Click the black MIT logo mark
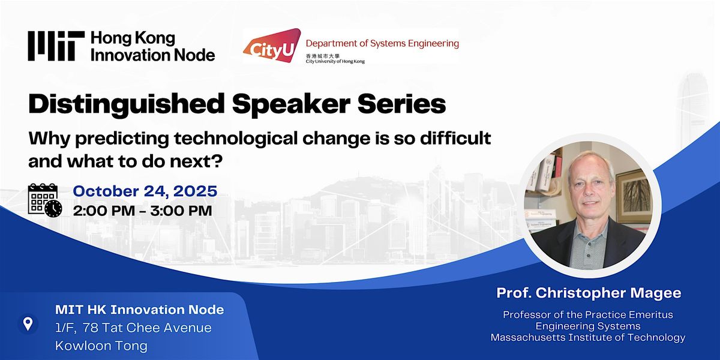coord(56,46)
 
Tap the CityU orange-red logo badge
coord(272,46)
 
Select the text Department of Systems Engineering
coord(382,44)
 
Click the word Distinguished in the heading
coord(127,104)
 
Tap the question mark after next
coord(218,161)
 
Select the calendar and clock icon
coord(44,200)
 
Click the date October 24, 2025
coord(145,191)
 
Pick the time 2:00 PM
coord(104,211)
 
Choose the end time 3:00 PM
coord(181,211)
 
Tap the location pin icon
coord(28,323)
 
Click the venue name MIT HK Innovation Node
coord(139,310)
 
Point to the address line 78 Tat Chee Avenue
coord(147,328)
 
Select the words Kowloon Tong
coord(101,346)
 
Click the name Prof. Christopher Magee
coord(589,293)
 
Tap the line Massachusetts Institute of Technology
coord(588,337)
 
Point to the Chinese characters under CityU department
coord(323,56)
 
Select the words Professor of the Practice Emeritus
coord(588,314)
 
